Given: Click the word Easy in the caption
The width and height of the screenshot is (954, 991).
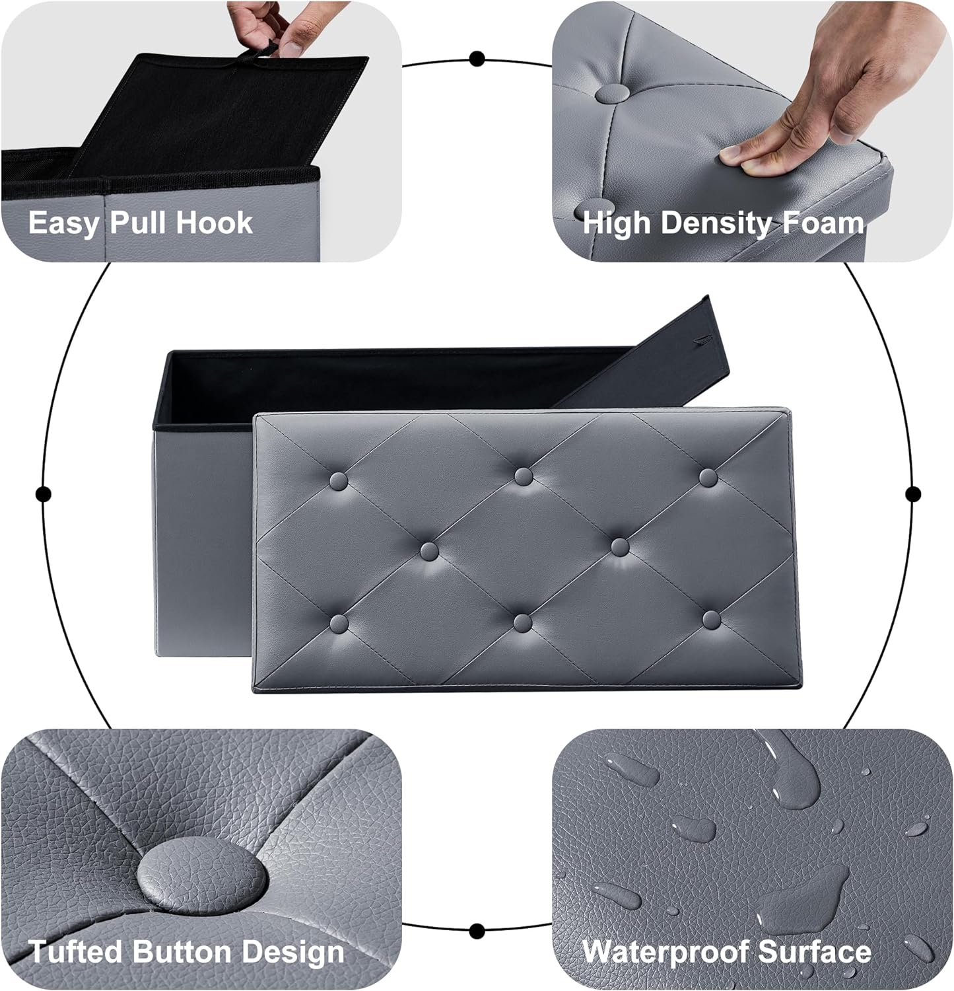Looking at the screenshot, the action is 62,223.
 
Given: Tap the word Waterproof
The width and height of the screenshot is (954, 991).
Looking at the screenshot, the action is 665,953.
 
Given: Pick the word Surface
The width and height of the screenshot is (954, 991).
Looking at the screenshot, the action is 815,952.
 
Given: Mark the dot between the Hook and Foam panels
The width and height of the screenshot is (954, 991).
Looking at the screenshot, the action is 477,59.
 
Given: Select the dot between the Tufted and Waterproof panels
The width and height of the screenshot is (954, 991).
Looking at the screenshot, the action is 477,931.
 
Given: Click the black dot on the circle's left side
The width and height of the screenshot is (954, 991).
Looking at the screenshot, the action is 44,494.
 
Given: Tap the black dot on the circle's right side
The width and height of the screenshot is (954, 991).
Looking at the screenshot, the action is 913,494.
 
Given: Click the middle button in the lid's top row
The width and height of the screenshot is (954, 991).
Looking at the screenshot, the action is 523,476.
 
